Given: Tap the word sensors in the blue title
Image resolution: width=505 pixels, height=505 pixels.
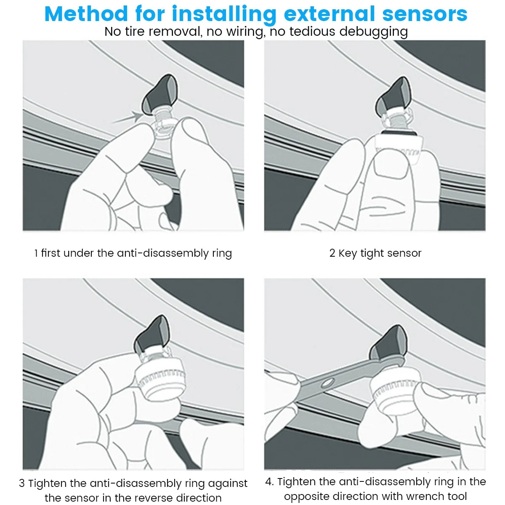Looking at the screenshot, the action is [425, 14].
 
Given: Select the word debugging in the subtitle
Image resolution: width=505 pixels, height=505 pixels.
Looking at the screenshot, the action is [373, 32].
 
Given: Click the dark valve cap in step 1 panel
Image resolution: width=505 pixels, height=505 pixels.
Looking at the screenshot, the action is [159, 95].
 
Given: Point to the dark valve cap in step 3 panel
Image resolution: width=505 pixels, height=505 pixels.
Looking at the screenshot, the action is [151, 334].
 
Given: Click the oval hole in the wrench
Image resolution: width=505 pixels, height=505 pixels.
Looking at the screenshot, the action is [327, 384].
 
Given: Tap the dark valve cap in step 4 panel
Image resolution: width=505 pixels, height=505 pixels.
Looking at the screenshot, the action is [388, 343].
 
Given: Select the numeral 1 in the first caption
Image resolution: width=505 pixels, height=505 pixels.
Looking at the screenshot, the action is [36, 253].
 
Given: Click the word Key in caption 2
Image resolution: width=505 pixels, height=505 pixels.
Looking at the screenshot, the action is [347, 253].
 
